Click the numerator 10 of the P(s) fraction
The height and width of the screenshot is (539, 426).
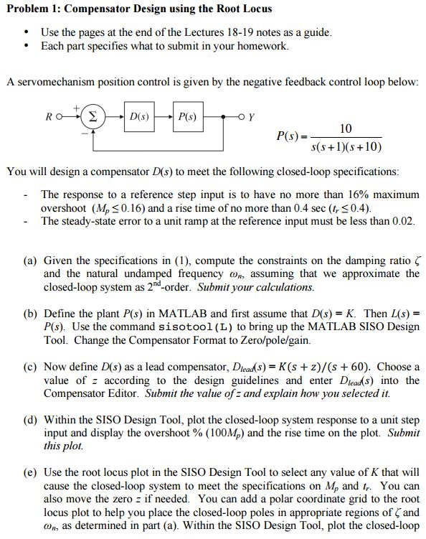[345, 129]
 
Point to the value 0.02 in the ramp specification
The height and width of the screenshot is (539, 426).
[404, 221]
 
